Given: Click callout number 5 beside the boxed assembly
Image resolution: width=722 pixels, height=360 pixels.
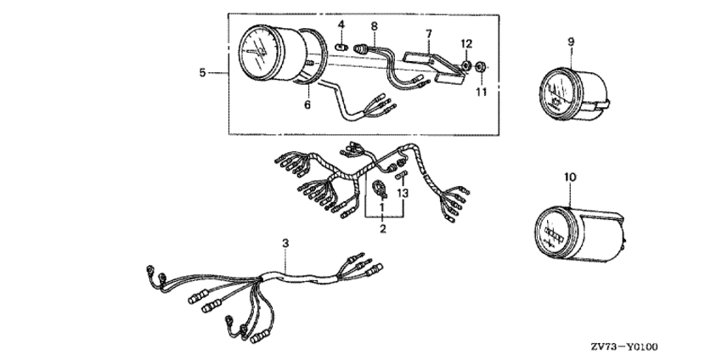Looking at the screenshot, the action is (203, 73).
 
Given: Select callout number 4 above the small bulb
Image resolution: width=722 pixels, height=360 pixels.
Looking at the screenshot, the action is (341, 25).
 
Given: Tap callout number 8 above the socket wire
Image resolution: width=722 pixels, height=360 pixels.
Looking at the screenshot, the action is (374, 26).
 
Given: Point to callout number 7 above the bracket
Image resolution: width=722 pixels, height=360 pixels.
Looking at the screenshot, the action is (429, 34).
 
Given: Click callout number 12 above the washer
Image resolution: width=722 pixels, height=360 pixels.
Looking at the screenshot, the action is (466, 44).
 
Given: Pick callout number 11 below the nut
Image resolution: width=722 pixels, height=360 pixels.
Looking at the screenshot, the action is (481, 92).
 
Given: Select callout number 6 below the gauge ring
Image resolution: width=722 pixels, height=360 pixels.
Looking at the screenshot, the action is (307, 105).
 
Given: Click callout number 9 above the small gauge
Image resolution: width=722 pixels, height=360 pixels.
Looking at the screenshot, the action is (571, 42).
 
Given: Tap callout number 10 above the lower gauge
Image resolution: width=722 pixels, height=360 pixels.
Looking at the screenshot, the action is (570, 177).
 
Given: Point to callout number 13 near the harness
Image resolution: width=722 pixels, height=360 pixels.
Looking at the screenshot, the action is (403, 194).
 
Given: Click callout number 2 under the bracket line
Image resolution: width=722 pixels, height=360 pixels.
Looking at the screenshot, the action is (383, 228).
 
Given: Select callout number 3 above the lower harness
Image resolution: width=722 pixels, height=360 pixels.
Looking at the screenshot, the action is (285, 243).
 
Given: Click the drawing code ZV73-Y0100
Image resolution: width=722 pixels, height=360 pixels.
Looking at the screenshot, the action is (624, 346).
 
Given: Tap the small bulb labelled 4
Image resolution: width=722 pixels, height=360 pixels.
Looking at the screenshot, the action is (341, 46).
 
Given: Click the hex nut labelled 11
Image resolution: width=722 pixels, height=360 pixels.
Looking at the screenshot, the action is (480, 67).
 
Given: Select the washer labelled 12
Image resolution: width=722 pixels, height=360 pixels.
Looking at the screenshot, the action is (465, 65).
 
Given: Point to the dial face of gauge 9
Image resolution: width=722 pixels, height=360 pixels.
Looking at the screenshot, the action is (561, 95).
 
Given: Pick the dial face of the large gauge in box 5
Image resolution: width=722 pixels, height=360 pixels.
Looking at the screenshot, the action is (258, 53).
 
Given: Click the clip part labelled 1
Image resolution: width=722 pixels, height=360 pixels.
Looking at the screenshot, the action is (380, 188).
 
